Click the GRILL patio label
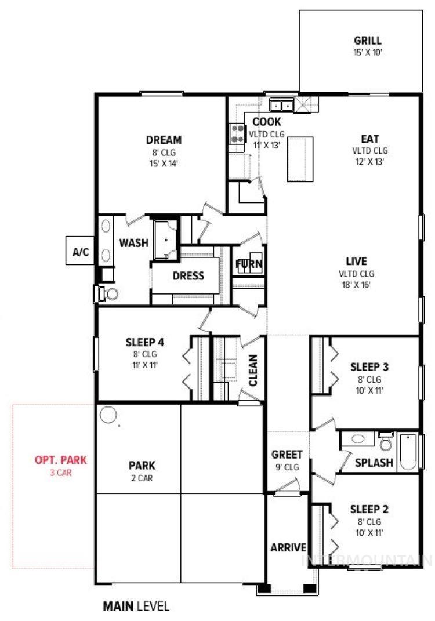tap(368, 41)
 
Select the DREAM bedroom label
tap(164, 140)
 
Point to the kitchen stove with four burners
tap(237, 134)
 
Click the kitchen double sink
tap(282, 106)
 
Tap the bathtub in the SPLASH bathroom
tap(408, 451)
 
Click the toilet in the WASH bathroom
tap(107, 293)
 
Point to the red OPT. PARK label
tap(60, 460)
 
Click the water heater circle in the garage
tap(107, 415)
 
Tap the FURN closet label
tap(248, 265)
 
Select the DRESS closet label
tap(188, 276)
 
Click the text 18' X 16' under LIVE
tap(356, 285)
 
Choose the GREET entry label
tap(287, 455)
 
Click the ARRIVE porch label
tap(288, 547)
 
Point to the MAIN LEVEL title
tap(136, 607)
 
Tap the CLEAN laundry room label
tap(253, 371)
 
